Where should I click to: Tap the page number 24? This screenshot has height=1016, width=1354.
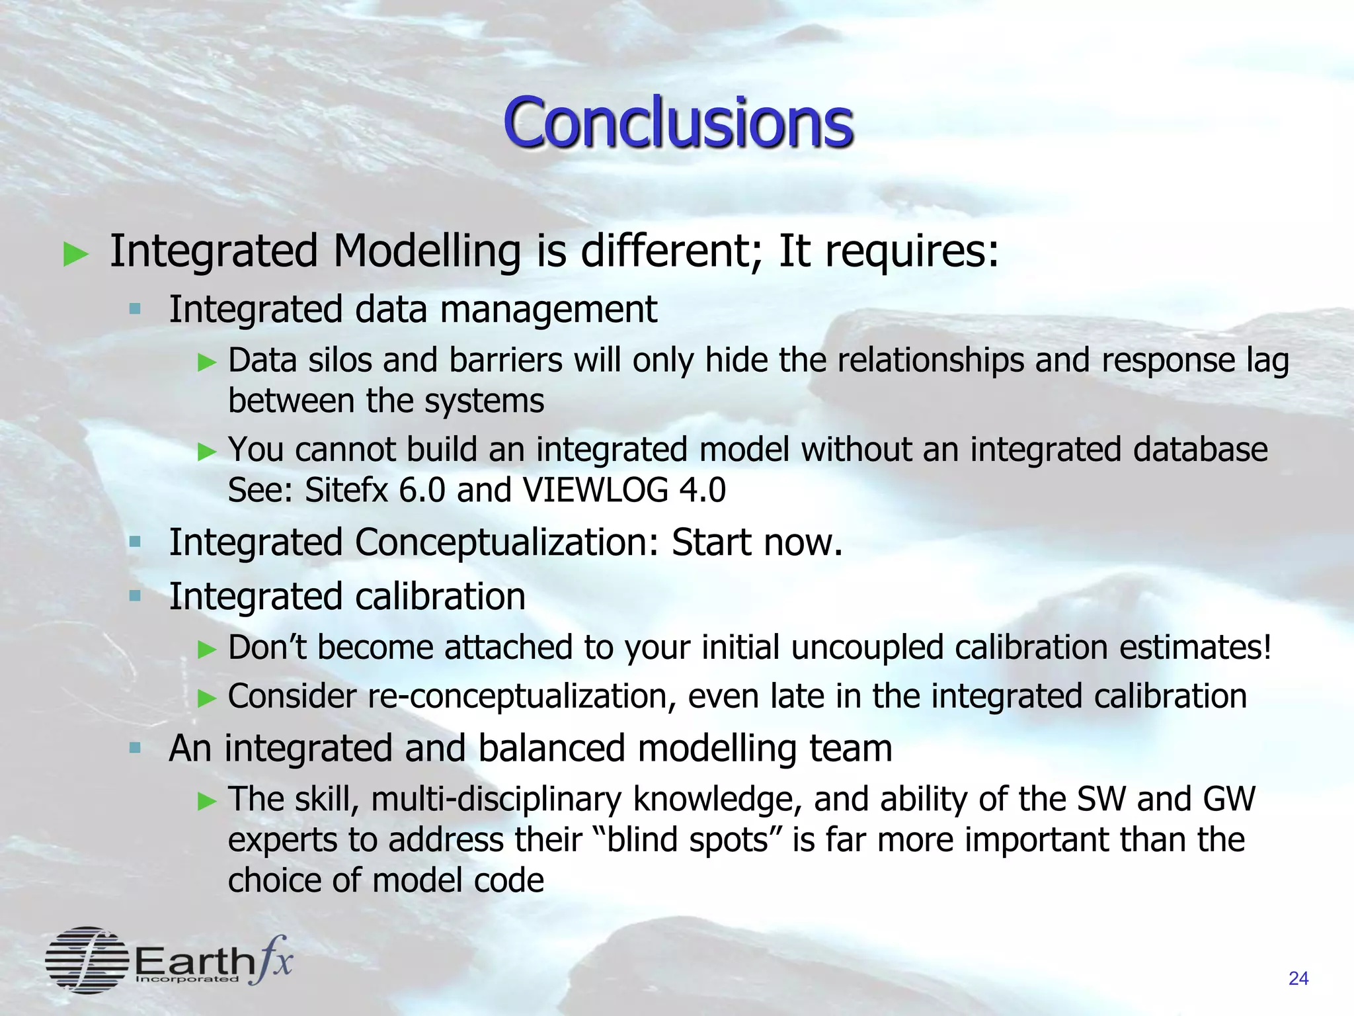tap(1298, 978)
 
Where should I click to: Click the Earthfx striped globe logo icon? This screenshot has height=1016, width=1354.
tap(87, 960)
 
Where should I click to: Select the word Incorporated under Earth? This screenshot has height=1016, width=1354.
tap(186, 979)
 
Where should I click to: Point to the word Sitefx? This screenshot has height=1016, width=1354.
tap(346, 490)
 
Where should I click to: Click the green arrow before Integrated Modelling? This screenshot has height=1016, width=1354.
tap(76, 254)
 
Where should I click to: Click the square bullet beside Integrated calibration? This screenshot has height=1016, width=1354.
tap(136, 596)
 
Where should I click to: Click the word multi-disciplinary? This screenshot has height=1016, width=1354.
tap(496, 799)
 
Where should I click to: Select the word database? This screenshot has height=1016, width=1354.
tap(1200, 450)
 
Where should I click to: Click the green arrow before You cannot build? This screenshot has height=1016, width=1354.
tap(208, 452)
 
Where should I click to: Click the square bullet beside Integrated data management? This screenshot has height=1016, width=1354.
tap(136, 308)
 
